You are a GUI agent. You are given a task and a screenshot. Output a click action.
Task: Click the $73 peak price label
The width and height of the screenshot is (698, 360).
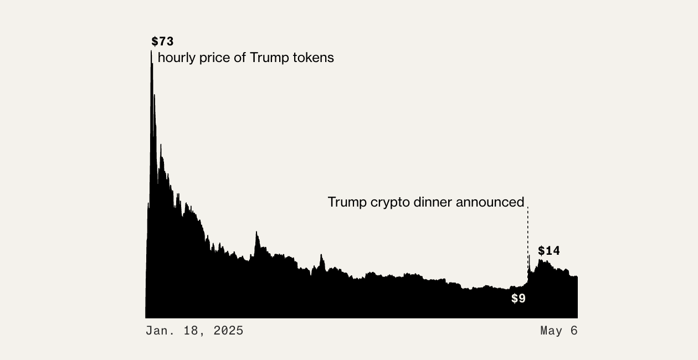pyautogui.click(x=162, y=42)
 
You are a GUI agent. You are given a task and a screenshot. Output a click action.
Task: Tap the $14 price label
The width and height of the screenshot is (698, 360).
pyautogui.click(x=549, y=251)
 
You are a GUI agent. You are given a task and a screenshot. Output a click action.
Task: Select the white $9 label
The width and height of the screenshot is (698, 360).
pyautogui.click(x=519, y=299)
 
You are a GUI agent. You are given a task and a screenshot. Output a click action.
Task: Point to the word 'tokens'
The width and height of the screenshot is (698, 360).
pyautogui.click(x=315, y=58)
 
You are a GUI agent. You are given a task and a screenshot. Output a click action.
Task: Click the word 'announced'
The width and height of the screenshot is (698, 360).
pyautogui.click(x=490, y=202)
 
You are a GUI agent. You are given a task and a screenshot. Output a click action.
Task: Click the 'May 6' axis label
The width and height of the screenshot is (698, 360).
pyautogui.click(x=559, y=331)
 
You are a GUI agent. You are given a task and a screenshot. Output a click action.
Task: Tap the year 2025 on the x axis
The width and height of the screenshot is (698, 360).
pyautogui.click(x=229, y=331)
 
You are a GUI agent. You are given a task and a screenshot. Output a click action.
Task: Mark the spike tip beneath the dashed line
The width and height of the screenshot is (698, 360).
pyautogui.click(x=529, y=256)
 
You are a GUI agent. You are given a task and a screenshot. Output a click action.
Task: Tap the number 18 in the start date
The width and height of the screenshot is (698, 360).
pyautogui.click(x=191, y=331)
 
